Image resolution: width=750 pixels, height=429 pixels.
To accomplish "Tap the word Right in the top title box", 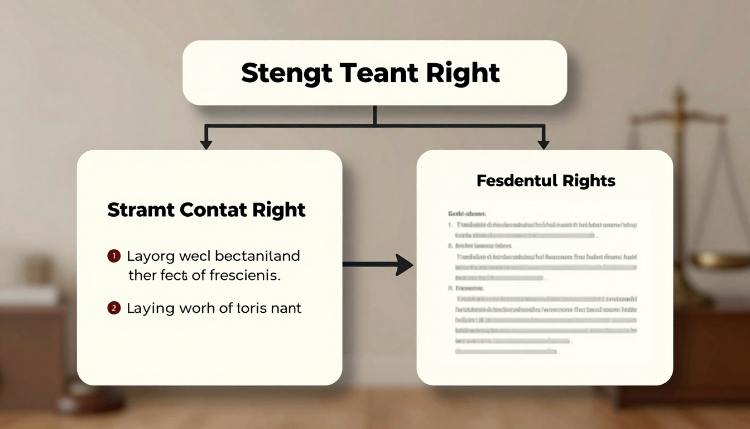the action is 463,73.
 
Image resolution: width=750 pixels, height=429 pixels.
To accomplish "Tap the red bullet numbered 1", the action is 113,256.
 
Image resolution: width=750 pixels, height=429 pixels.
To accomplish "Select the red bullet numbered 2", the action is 113,307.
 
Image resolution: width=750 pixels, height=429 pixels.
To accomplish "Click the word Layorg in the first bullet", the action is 151,256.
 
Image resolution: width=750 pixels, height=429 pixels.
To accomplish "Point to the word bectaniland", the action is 257,256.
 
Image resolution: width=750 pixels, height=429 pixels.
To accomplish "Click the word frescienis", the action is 244,275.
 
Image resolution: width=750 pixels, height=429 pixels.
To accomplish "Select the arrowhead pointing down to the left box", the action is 206,144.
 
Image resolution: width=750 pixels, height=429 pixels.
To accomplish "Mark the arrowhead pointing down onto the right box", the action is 543,144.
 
